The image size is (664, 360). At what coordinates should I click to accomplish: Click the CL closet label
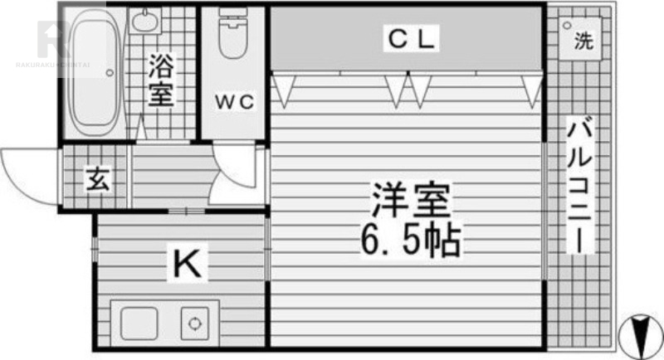point(408,38)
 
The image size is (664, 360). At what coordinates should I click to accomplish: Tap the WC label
point(234,102)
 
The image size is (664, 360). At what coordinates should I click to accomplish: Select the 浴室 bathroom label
point(161,81)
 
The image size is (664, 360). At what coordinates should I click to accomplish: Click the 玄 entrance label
point(97,179)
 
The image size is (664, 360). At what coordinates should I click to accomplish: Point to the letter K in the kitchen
point(185,265)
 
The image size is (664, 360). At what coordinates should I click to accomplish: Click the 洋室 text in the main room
point(410,201)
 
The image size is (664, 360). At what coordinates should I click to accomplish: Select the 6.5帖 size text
point(410,241)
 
